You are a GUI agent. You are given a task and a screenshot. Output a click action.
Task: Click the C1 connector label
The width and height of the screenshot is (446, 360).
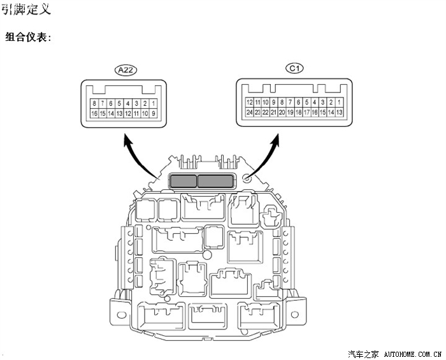[294, 68]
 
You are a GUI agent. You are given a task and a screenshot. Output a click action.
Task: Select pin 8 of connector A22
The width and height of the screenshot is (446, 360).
[94, 103]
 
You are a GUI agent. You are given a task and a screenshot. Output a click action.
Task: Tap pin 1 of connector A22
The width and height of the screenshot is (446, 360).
[154, 103]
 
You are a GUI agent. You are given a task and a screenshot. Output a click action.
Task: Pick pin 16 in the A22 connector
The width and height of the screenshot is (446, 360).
[94, 113]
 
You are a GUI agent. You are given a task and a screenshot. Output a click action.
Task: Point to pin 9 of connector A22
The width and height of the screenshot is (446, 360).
[154, 113]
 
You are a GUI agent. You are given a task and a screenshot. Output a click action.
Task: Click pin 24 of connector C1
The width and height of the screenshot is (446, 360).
[250, 112]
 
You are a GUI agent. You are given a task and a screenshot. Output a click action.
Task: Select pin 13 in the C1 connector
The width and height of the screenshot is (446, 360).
[340, 112]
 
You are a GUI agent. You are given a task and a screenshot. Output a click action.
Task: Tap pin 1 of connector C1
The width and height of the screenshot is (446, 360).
[340, 102]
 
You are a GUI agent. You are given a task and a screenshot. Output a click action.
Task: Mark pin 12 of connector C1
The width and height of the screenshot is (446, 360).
[250, 102]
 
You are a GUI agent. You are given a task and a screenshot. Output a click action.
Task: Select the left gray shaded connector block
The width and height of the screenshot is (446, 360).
[182, 181]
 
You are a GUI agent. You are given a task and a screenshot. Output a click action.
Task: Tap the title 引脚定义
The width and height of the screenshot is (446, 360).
[26, 9]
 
